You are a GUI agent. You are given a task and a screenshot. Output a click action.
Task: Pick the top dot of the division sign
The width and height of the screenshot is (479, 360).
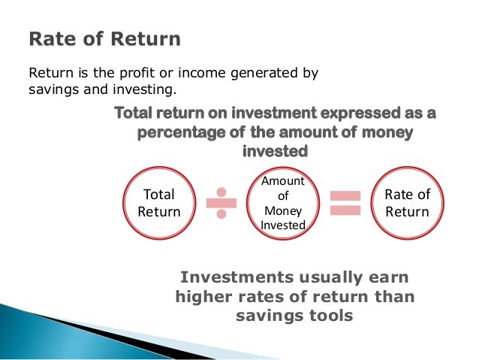[x=221, y=190]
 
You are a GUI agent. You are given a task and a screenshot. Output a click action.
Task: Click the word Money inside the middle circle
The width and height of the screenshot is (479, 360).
[x=282, y=212]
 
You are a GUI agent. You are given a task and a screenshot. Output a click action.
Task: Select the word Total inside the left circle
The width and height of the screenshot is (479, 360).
[x=158, y=195]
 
